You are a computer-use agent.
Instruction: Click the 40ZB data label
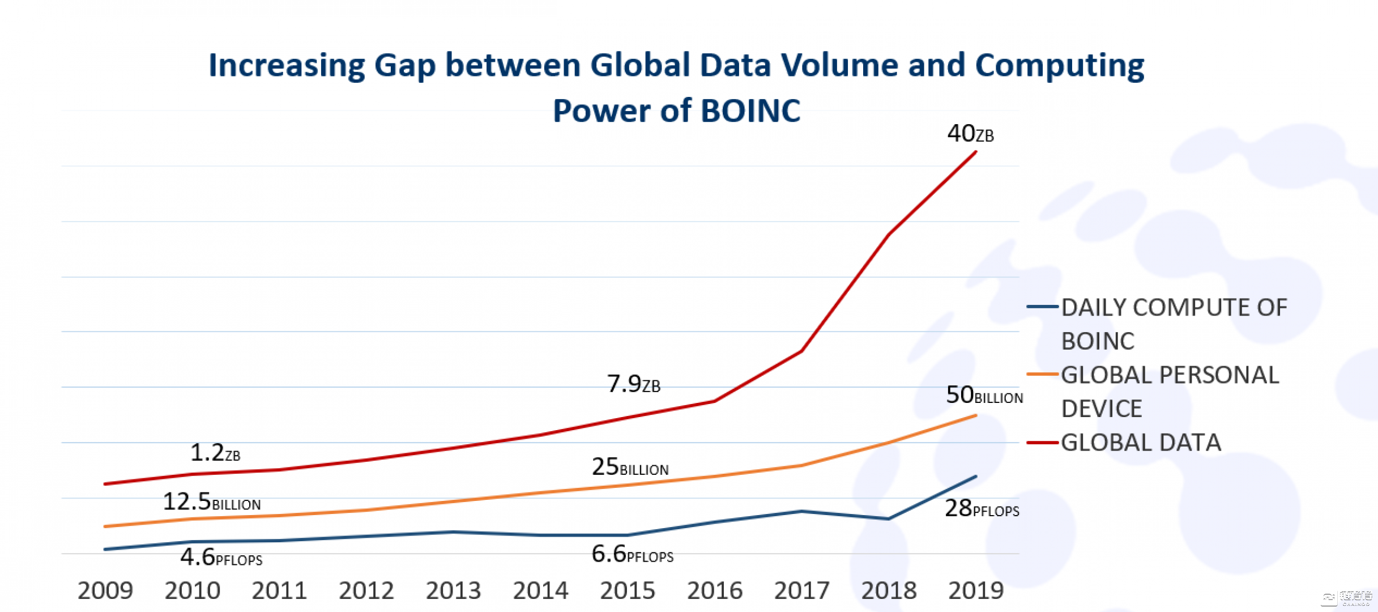970,134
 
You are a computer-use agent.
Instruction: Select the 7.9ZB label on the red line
633,384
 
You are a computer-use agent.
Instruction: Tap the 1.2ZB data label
215,453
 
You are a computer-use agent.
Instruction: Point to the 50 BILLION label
984,395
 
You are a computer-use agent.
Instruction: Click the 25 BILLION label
630,467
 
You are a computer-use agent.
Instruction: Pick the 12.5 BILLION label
211,502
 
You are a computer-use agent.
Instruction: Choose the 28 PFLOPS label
981,508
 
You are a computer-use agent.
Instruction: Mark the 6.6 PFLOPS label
632,554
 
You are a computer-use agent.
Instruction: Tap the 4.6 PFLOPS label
221,558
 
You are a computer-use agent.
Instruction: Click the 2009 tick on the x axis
105,591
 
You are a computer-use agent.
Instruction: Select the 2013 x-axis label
454,591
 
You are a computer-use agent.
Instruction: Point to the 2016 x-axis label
715,591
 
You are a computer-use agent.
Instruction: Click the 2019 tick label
976,591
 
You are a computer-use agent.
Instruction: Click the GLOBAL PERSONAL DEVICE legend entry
1169,392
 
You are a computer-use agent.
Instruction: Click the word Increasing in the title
287,65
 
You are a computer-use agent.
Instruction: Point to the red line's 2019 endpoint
976,152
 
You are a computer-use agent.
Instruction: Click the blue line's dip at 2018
889,518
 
